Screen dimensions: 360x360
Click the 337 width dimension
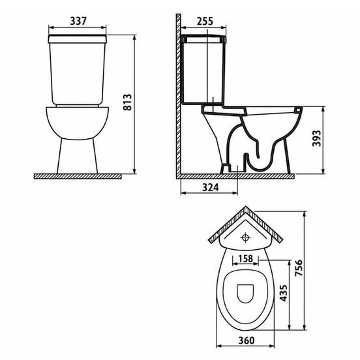[78, 21]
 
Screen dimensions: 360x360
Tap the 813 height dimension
[127, 102]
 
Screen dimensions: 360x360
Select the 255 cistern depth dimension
[205, 21]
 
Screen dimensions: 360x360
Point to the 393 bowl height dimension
[316, 138]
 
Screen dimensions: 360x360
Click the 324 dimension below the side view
[210, 188]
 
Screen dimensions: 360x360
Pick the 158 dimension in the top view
[245, 259]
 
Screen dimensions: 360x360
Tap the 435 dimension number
[283, 293]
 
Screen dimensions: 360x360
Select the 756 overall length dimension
[299, 268]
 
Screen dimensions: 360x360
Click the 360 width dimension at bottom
[247, 340]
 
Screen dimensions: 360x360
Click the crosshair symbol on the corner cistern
[245, 237]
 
